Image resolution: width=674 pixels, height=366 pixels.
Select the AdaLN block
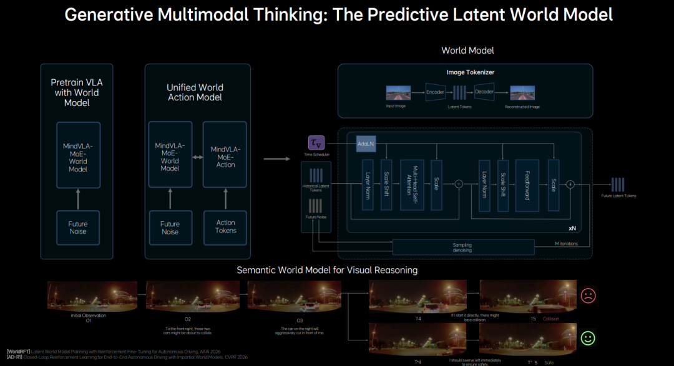pos(365,143)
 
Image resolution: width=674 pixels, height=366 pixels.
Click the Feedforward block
pos(527,185)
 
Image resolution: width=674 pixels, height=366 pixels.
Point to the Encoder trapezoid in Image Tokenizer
pos(436,92)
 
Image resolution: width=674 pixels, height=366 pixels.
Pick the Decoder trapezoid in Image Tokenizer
pos(484,92)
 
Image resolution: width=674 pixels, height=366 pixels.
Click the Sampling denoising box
pos(462,248)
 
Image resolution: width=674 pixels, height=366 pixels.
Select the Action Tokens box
pos(225,226)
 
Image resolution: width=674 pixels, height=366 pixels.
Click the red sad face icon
pos(588,296)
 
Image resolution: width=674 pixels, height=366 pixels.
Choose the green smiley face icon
pos(588,339)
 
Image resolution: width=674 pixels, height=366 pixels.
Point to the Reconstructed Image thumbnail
pos(522,93)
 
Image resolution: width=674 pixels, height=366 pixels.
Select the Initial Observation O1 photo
pos(88,296)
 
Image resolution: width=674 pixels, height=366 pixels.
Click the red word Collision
pos(550,319)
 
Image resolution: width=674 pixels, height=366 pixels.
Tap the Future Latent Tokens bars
pos(618,185)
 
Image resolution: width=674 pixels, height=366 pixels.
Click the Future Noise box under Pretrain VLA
pos(78,228)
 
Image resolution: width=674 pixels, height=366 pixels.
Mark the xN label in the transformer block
pos(572,229)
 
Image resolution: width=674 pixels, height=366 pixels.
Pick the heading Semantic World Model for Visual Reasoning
pos(327,270)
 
